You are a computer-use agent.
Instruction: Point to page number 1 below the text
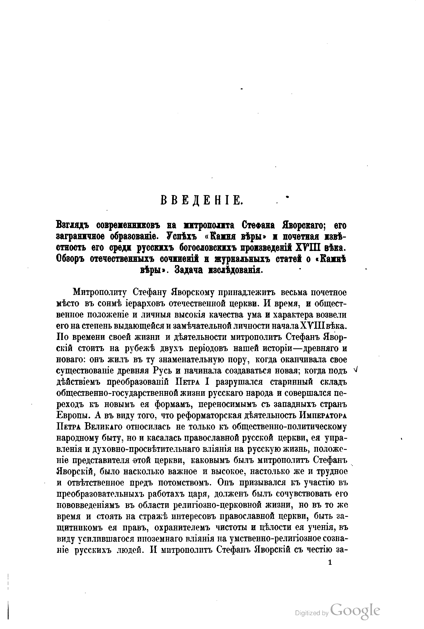tap(330, 562)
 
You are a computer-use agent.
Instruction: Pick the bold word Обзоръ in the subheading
tap(70, 259)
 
